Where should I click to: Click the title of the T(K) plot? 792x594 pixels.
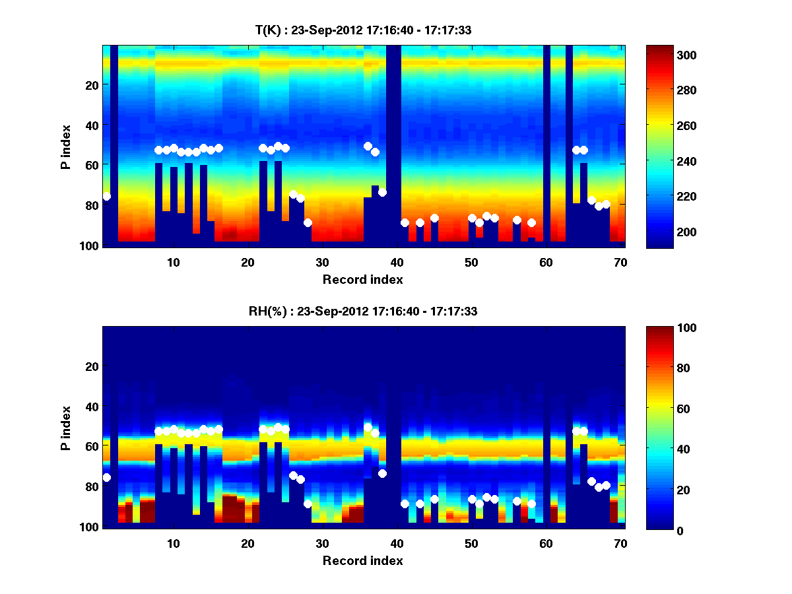point(363,30)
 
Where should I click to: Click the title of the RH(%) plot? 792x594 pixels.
point(363,312)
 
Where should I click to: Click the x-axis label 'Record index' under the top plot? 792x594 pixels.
point(363,279)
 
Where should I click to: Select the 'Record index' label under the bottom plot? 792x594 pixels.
point(363,560)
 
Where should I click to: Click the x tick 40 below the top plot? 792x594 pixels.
point(397,262)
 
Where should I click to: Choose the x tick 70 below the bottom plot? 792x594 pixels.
point(620,543)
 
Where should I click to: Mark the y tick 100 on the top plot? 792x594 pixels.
point(90,246)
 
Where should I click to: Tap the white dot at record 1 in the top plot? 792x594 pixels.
point(107,197)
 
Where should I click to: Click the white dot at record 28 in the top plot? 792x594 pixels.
point(308,222)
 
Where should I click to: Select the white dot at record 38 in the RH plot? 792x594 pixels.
point(382,473)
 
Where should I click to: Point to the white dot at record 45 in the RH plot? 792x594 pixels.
point(434,499)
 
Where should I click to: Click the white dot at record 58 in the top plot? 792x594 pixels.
point(531,222)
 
